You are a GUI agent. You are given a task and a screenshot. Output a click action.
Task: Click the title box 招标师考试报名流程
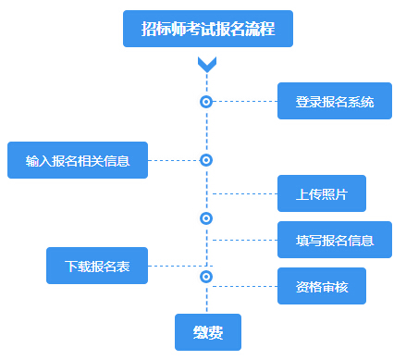[x=207, y=29]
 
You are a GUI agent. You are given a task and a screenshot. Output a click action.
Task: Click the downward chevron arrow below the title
[x=207, y=64]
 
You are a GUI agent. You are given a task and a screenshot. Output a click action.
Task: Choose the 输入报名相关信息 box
[x=78, y=160]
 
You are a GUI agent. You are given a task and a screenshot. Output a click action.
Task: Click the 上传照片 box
[x=321, y=194]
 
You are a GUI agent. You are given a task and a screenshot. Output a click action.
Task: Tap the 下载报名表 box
[x=97, y=266]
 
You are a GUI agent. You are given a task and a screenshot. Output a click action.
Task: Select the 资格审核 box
[x=321, y=286]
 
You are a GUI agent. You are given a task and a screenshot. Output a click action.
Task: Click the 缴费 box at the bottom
[x=207, y=332]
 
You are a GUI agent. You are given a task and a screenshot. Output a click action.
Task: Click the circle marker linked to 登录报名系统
[x=206, y=101]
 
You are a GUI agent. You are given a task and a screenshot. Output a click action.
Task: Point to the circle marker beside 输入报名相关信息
[x=206, y=160]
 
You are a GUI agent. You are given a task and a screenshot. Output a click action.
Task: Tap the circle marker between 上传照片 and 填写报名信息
[x=206, y=218]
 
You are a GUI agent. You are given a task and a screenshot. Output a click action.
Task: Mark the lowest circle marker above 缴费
[x=206, y=277]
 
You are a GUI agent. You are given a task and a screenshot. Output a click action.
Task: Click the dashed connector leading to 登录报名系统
[x=245, y=101]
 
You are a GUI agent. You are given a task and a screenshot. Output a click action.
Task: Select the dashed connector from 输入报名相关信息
[x=174, y=160]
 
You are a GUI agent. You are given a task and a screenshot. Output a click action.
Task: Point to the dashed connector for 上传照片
[x=245, y=194]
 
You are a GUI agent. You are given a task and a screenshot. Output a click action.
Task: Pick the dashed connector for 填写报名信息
[x=245, y=240]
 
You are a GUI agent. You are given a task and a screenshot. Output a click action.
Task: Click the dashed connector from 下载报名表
[x=176, y=266]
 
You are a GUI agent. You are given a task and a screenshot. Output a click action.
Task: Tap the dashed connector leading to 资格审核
[x=245, y=286]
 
